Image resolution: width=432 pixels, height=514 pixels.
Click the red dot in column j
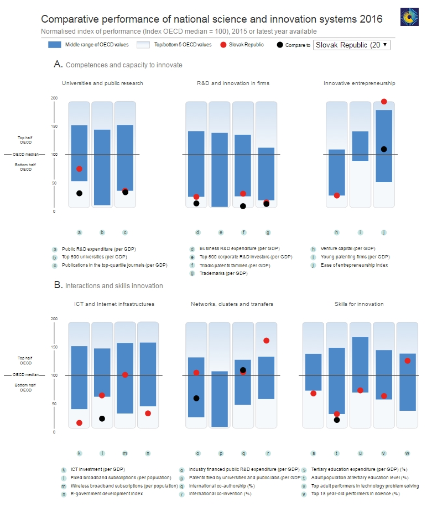pos(384,102)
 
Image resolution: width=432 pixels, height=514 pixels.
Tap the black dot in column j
pos(384,149)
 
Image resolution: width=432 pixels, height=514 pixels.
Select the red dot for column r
pos(266,341)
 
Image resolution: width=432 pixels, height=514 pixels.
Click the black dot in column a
pos(79,193)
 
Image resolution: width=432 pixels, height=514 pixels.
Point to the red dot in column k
pos(79,423)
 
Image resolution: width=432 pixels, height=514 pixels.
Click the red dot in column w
pos(408,361)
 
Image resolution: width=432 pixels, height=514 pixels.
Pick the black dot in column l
pos(102,418)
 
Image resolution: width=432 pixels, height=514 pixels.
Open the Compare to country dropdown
pos(351,45)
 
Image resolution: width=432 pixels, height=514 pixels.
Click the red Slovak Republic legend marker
pos(223,45)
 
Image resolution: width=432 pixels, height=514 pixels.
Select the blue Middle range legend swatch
pos(54,45)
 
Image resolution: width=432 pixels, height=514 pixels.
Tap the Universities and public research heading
pos(102,83)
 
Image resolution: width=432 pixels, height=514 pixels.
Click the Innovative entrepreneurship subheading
pos(360,83)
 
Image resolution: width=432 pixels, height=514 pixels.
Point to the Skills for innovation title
pos(359,304)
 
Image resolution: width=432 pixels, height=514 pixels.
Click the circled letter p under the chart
pos(220,453)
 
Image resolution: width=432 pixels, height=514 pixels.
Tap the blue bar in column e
pos(220,169)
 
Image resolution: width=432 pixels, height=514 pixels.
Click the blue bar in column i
pos(360,146)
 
